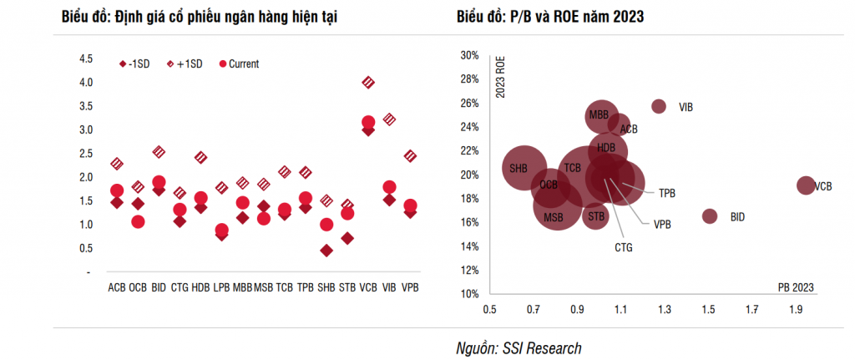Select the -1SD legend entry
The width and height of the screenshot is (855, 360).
click(136, 63)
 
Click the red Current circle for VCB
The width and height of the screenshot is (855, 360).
click(368, 123)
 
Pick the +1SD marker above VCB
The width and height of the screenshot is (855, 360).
click(368, 82)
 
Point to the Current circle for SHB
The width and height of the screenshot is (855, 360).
click(326, 225)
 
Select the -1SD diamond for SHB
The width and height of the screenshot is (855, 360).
click(326, 250)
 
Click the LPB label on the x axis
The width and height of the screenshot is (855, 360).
click(221, 287)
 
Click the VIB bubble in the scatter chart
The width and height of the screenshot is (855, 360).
click(658, 106)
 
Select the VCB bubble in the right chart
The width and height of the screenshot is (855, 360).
click(805, 185)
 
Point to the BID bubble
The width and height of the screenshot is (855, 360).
click(710, 216)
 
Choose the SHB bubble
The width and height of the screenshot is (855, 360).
click(524, 168)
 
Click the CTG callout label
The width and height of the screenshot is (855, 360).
click(624, 247)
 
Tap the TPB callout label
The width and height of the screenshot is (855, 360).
click(667, 193)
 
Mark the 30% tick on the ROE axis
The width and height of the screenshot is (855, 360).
click(469, 55)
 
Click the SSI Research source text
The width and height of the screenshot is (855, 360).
click(519, 347)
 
